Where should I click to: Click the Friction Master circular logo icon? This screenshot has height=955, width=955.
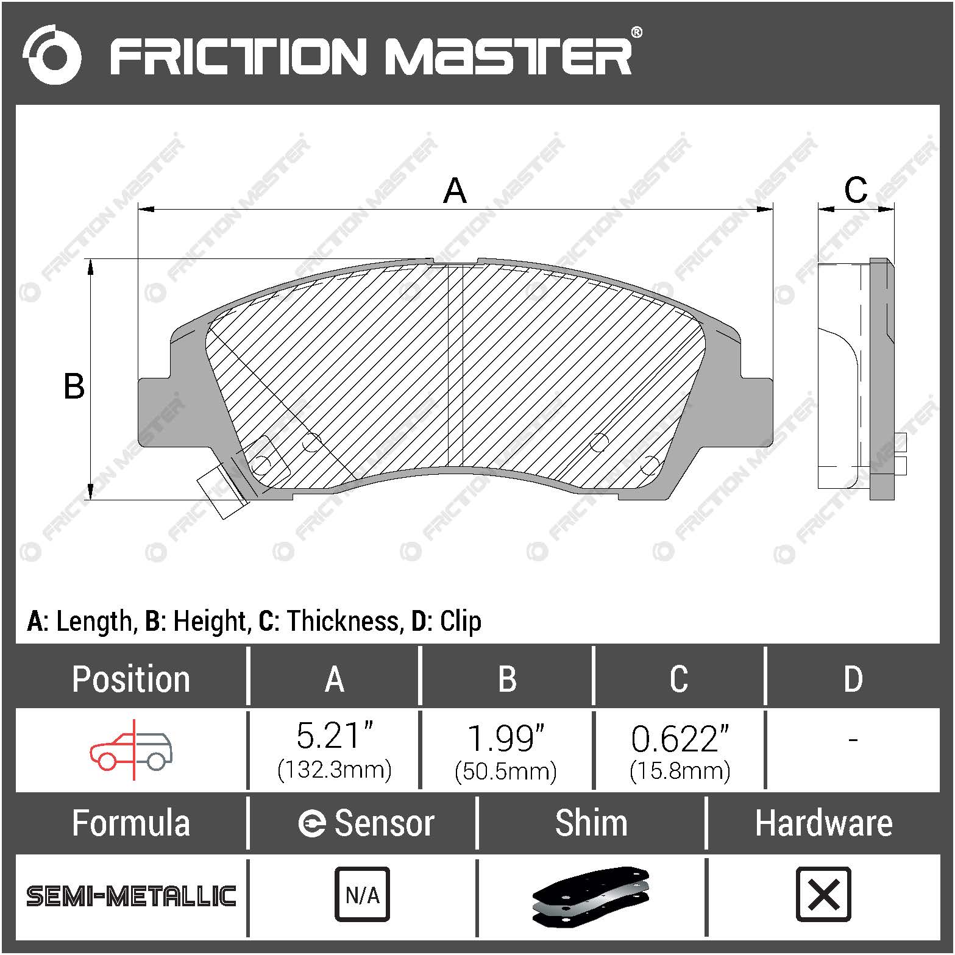[52, 55]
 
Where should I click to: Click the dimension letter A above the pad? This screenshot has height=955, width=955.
[455, 191]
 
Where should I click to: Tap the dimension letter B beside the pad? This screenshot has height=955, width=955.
[74, 386]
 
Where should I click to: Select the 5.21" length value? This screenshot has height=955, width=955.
[334, 736]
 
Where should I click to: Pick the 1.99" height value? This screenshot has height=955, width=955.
[505, 738]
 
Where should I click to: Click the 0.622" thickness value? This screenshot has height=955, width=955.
[680, 739]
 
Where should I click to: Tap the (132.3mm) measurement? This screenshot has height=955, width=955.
[334, 770]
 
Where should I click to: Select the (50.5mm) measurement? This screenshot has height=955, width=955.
[505, 772]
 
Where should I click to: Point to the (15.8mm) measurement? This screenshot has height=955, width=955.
[680, 772]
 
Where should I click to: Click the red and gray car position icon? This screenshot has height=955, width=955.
[131, 750]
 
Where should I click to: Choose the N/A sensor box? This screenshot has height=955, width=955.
[362, 894]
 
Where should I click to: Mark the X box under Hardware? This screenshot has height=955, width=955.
[823, 894]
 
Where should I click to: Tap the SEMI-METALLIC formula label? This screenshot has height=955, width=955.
[131, 896]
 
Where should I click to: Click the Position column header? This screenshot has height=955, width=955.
[131, 679]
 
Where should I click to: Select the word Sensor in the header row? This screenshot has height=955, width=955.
[384, 823]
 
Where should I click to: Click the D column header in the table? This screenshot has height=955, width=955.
[853, 679]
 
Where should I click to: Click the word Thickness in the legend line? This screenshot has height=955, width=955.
[343, 621]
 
